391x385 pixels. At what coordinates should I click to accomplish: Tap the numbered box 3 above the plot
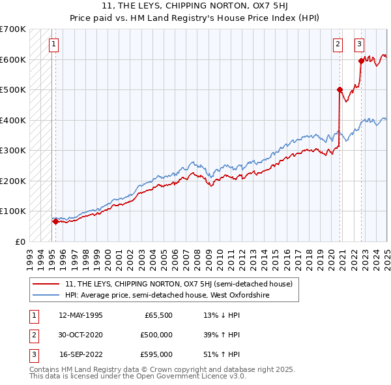(x=359, y=44)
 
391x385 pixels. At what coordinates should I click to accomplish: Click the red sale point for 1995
(x=55, y=221)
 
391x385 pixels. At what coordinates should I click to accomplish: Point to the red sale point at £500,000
(x=340, y=90)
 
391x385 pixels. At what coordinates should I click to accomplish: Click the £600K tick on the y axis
(x=13, y=59)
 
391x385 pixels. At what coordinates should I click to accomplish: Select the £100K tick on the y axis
(x=13, y=211)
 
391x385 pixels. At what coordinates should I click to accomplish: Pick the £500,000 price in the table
(x=156, y=335)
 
